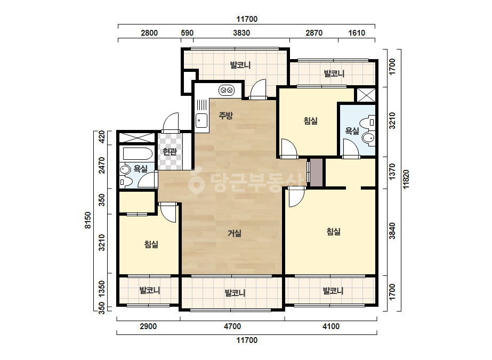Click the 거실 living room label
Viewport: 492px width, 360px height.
pos(235,233)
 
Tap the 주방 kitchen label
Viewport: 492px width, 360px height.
pos(225,116)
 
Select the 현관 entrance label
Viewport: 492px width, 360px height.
pos(170,152)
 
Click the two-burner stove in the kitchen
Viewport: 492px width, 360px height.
pos(227,91)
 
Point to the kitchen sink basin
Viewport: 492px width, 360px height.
pos(201,120)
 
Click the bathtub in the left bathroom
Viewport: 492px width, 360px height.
pos(138,154)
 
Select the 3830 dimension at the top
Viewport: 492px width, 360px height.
pos(241,33)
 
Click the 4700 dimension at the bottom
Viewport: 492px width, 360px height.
pos(232,326)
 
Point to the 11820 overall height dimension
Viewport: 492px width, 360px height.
pos(406,179)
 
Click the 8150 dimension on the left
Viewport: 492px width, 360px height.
pos(88,220)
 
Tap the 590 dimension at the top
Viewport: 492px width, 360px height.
pos(187,33)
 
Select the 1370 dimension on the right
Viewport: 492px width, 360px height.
pos(392,172)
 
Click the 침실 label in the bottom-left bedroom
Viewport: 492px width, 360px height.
pos(151,244)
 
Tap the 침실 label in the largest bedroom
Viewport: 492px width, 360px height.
pos(334,232)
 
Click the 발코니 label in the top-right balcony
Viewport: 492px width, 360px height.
pos(334,73)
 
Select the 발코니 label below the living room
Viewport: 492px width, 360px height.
pos(235,293)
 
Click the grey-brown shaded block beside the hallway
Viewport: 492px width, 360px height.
pos(316,173)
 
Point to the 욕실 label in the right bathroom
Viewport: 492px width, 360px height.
pos(352,131)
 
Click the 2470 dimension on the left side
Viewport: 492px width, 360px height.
pos(102,165)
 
